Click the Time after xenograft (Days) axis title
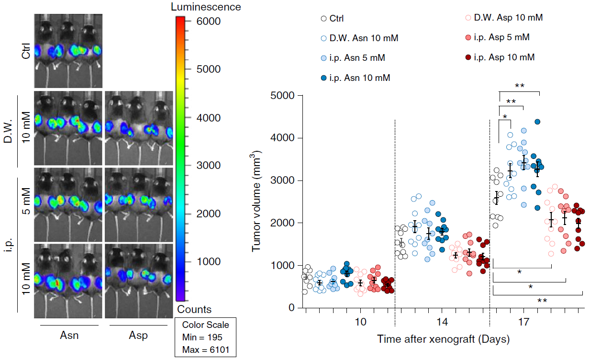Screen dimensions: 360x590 point(443,339)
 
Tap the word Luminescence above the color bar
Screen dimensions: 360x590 point(206,7)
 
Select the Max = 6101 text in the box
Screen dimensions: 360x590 point(206,350)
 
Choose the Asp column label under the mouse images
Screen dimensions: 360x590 point(138,335)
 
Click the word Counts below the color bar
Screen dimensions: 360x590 point(194,309)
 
